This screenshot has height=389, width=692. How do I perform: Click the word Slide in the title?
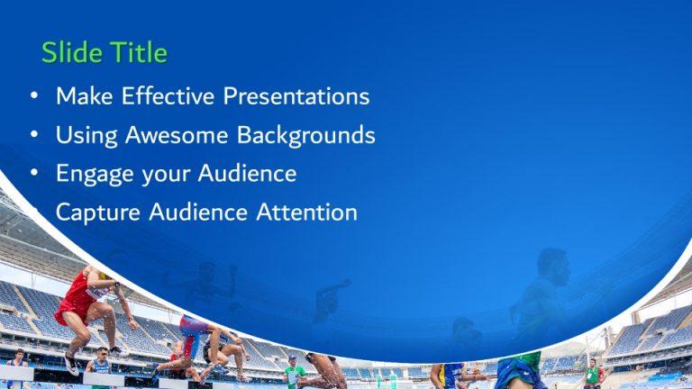tap(70, 53)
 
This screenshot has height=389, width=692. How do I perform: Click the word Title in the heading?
tap(137, 53)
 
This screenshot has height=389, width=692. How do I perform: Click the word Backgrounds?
tap(305, 136)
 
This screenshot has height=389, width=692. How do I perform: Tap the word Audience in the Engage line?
tap(250, 173)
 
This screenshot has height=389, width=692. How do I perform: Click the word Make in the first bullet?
tap(80, 96)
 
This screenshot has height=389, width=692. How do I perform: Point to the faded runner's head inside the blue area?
tap(551, 264)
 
